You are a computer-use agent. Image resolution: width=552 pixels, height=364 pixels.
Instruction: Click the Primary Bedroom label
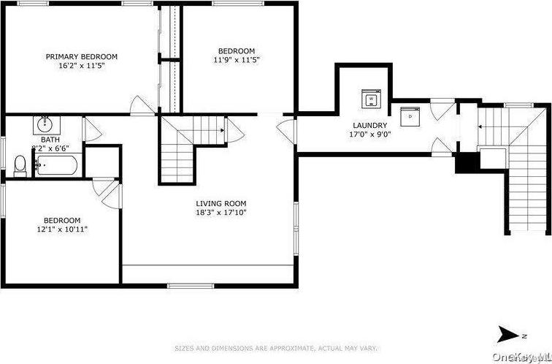click(x=82, y=56)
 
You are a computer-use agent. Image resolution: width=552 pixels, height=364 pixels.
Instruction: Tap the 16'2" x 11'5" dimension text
click(x=82, y=65)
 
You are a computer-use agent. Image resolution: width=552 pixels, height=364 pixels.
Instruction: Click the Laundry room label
click(x=369, y=125)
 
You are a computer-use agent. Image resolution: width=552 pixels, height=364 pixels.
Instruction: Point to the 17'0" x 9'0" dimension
click(x=369, y=134)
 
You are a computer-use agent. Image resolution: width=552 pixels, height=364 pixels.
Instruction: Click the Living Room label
click(x=221, y=203)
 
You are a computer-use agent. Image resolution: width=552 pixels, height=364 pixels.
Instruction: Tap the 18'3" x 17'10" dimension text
click(x=221, y=213)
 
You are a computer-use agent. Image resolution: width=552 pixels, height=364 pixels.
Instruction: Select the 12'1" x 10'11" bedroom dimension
click(x=62, y=229)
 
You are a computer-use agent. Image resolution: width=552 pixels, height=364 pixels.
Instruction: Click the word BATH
click(x=50, y=139)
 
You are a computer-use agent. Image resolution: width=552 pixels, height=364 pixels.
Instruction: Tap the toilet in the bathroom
click(x=20, y=165)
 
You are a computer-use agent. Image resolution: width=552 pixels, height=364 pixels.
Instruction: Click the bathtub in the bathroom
click(x=57, y=164)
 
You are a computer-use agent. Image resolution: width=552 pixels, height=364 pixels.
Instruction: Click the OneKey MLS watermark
click(x=521, y=356)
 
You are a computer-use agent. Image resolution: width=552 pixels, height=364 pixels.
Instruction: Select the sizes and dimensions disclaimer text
click(x=275, y=348)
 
